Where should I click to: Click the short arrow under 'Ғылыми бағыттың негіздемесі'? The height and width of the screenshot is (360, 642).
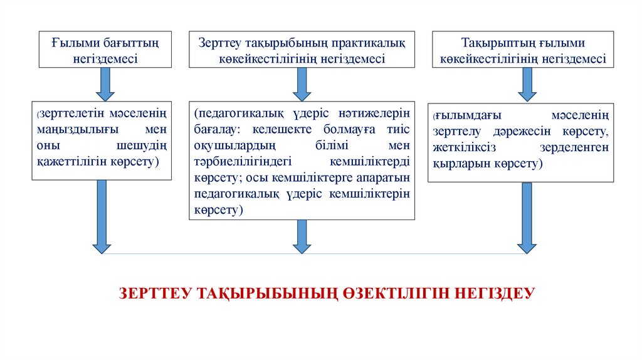tap(104, 83)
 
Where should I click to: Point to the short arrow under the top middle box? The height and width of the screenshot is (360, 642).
tap(302, 83)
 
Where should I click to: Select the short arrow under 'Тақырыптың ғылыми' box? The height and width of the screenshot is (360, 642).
tap(527, 83)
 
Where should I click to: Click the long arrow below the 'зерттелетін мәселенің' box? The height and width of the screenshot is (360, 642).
tap(101, 216)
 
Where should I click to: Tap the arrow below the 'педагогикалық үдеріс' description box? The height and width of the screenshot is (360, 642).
tap(302, 236)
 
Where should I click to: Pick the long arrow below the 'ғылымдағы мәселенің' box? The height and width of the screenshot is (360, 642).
tap(527, 217)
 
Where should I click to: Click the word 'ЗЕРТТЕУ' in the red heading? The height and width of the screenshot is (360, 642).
tap(154, 293)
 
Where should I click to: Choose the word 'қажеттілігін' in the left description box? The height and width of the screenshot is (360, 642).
tap(66, 161)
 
